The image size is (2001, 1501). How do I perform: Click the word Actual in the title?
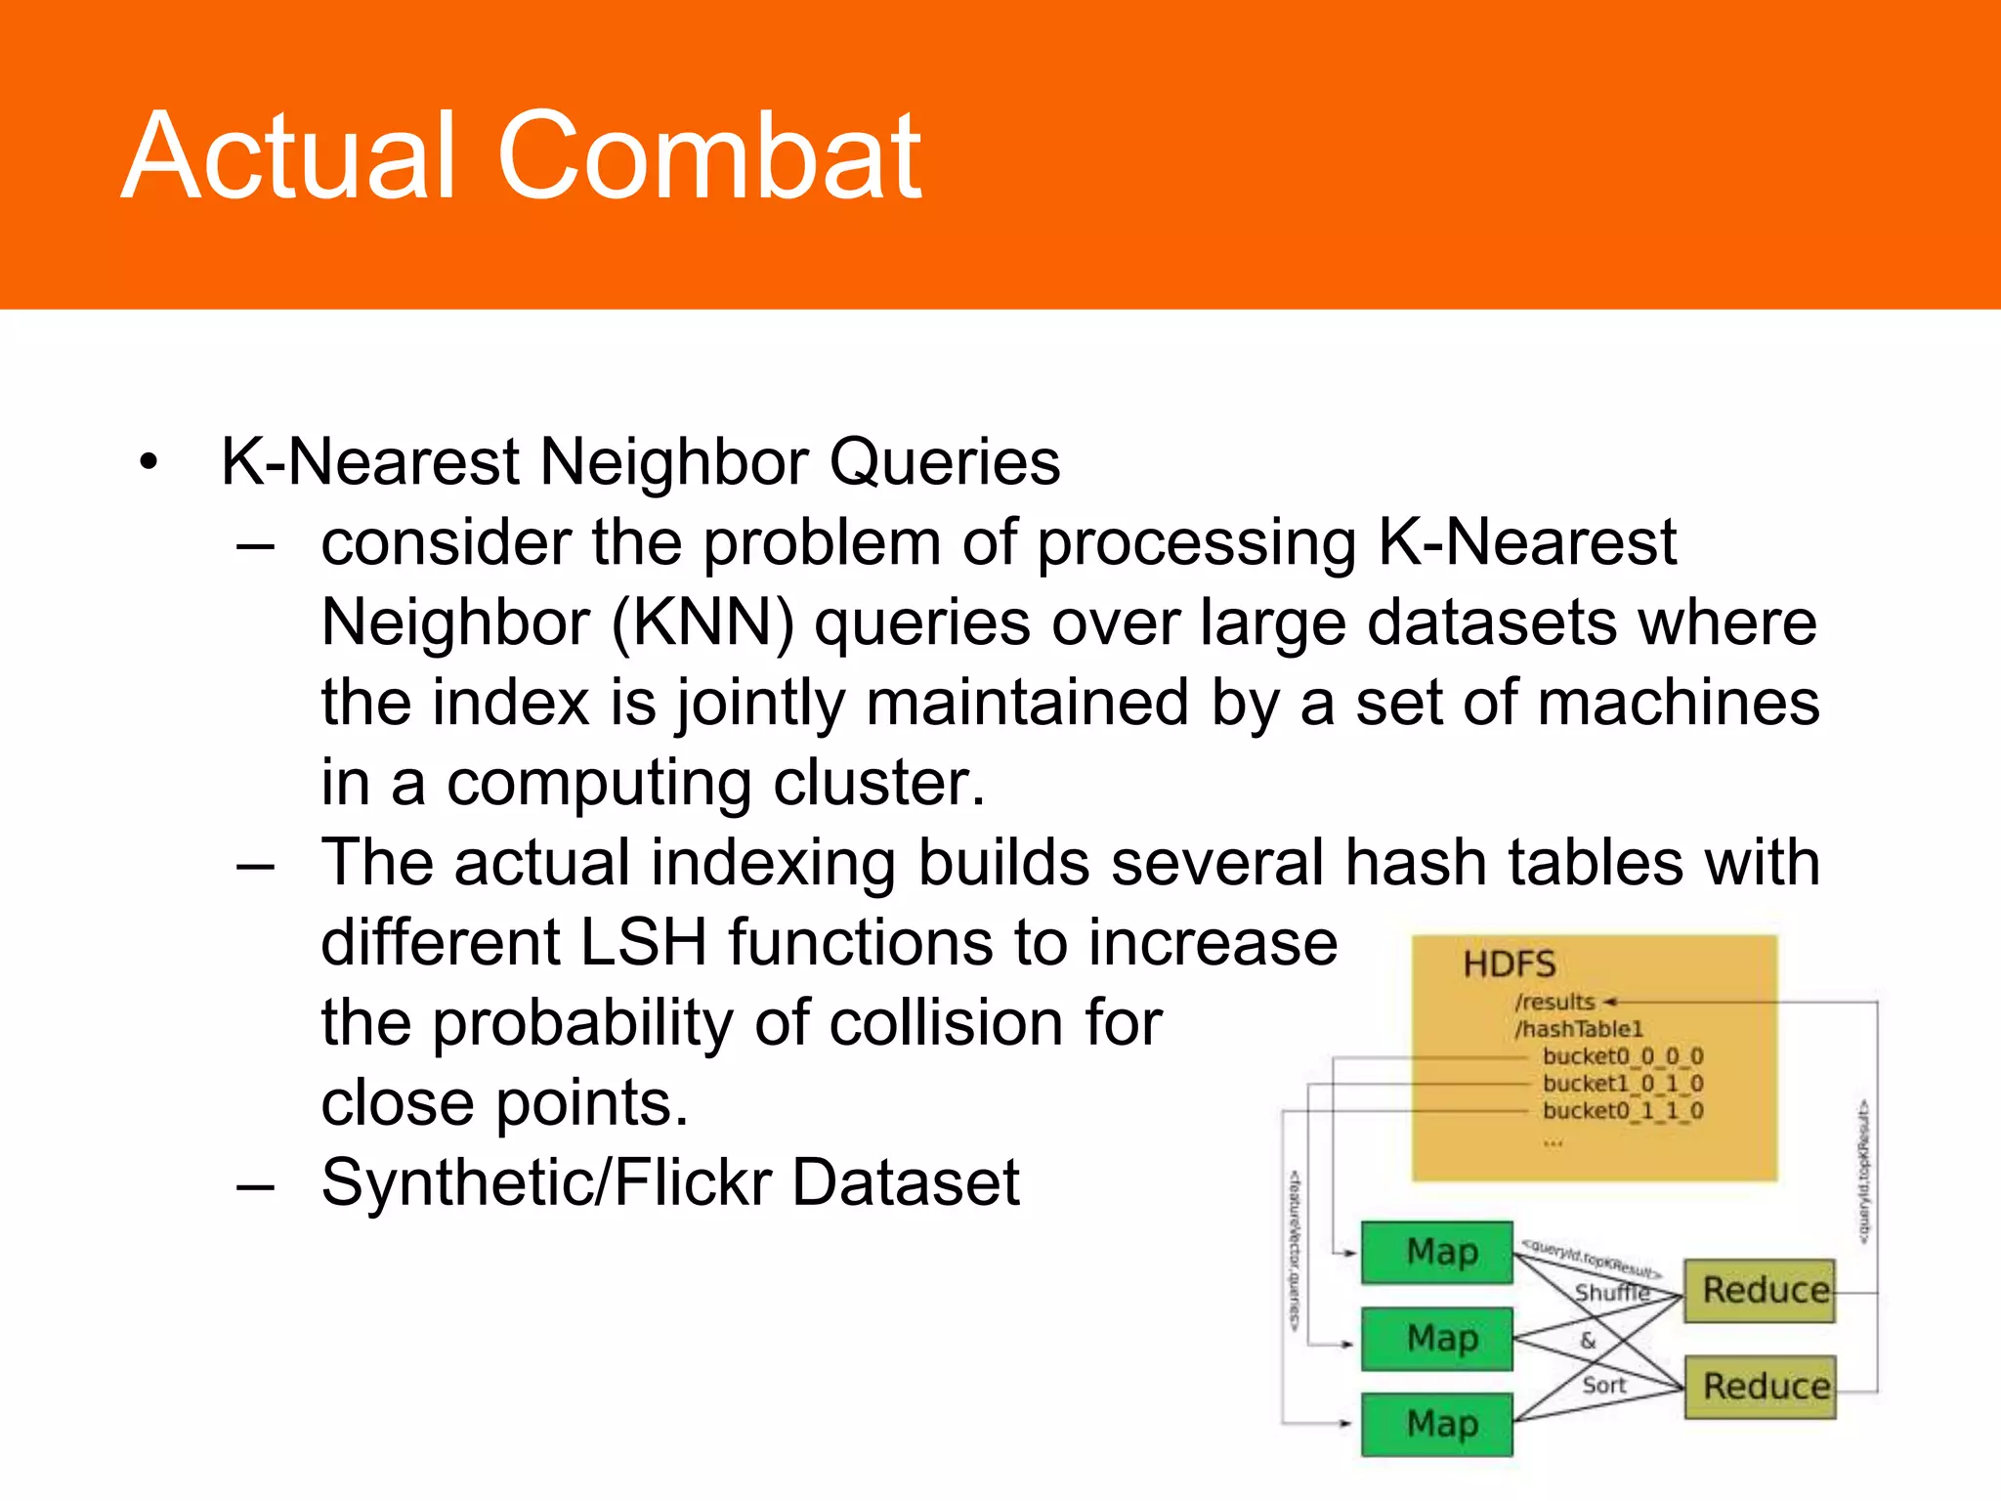pyautogui.click(x=290, y=156)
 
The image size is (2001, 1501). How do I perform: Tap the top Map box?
pyautogui.click(x=1437, y=1252)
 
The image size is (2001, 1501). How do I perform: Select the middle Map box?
pyautogui.click(x=1437, y=1338)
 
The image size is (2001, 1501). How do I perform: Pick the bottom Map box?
pyautogui.click(x=1437, y=1424)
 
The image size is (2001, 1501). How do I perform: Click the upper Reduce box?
pyautogui.click(x=1760, y=1291)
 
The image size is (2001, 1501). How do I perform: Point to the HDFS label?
pyautogui.click(x=1509, y=965)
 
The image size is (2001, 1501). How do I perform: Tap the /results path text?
pyautogui.click(x=1554, y=1002)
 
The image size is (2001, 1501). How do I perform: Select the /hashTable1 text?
pyautogui.click(x=1579, y=1029)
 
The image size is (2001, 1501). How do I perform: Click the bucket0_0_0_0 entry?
pyautogui.click(x=1623, y=1056)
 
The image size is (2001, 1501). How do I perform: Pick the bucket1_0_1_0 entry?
pyautogui.click(x=1623, y=1084)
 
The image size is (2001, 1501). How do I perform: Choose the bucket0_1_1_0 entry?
pyautogui.click(x=1623, y=1111)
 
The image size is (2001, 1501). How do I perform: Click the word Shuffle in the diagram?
pyautogui.click(x=1611, y=1293)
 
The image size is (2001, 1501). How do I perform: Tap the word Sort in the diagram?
pyautogui.click(x=1603, y=1385)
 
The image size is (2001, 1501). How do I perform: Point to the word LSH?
pyautogui.click(x=642, y=943)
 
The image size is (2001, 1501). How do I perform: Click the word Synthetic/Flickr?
pyautogui.click(x=546, y=1183)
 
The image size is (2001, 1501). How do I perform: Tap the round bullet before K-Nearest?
pyautogui.click(x=148, y=463)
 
